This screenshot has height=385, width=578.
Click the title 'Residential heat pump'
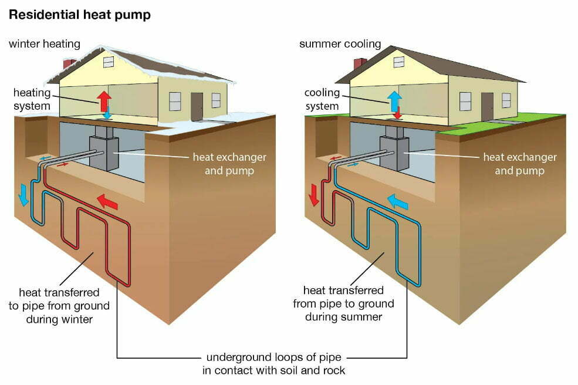tap(79, 15)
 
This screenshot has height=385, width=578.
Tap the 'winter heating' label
tap(44, 45)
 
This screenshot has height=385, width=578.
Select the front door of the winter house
tap(197, 106)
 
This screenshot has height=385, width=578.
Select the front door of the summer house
tap(487, 106)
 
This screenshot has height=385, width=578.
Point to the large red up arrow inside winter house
tap(104, 101)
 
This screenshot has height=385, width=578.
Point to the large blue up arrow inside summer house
tap(394, 101)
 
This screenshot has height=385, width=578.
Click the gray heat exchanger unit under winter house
tap(104, 153)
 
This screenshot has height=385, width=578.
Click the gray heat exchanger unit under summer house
tap(394, 153)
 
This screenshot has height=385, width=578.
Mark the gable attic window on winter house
tap(109, 62)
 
